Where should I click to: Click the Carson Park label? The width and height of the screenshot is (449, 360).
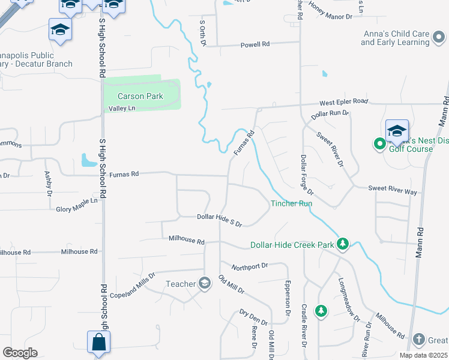(132, 96)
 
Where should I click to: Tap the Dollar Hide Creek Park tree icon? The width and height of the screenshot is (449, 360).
(342, 244)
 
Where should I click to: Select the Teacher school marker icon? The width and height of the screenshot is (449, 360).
(204, 283)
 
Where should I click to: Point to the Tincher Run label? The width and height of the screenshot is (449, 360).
(291, 203)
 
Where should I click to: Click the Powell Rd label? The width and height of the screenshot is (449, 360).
(256, 44)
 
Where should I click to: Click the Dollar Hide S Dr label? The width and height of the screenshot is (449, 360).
(219, 220)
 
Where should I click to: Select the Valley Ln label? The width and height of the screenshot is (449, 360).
(122, 109)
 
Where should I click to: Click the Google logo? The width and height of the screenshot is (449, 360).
(20, 352)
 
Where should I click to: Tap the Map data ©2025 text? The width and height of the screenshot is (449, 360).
(423, 355)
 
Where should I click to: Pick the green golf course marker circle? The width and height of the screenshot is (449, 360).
(379, 144)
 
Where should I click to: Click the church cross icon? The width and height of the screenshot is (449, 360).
(418, 340)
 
